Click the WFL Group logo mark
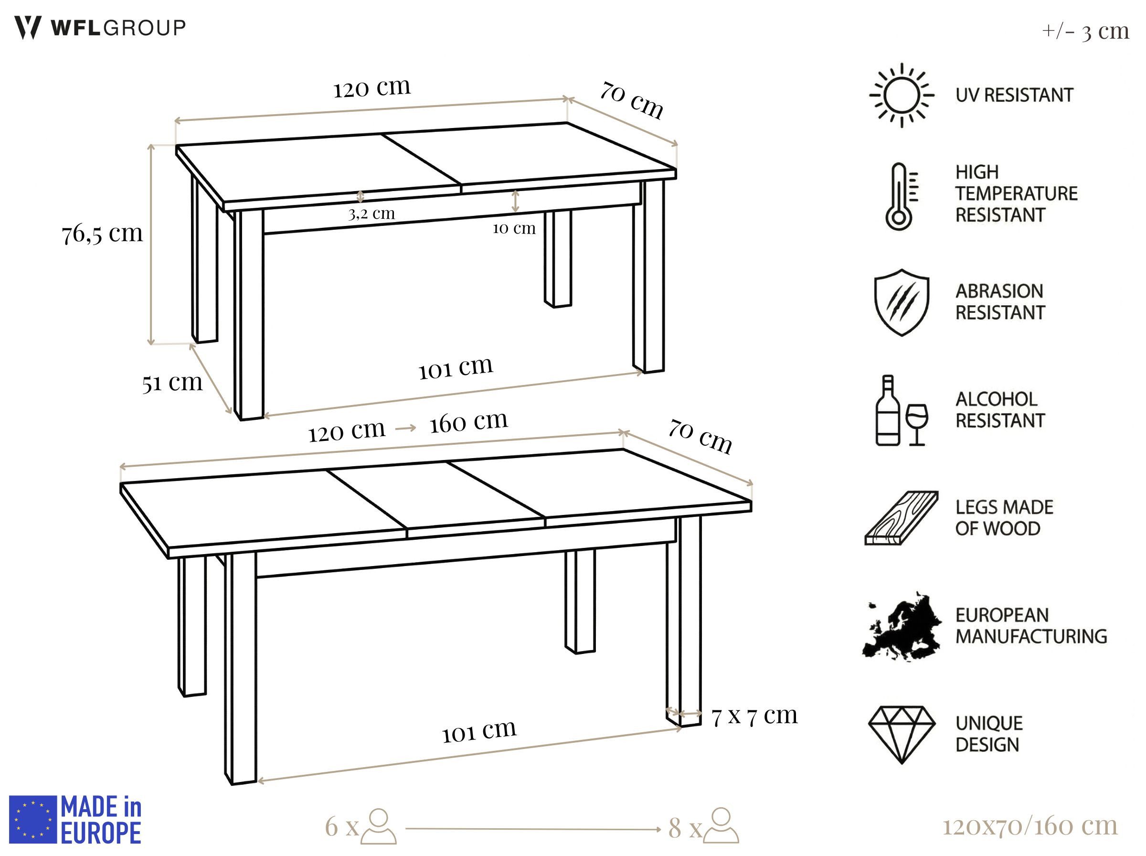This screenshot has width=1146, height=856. (27, 27)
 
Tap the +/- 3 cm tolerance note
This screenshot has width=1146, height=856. (1085, 31)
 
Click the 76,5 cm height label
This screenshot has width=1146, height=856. (102, 233)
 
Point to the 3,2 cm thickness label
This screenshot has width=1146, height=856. (371, 214)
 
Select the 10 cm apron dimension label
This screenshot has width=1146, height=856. (514, 228)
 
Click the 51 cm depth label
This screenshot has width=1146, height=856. (172, 383)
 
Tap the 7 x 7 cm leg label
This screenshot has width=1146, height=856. (754, 716)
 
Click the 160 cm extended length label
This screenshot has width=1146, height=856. (468, 421)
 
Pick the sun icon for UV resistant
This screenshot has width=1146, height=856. (901, 96)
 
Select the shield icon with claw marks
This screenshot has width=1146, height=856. (901, 302)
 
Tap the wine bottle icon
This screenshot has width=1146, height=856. (888, 410)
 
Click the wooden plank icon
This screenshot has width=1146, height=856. (901, 518)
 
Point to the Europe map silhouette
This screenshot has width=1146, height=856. (901, 627)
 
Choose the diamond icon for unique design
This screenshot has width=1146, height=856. (902, 734)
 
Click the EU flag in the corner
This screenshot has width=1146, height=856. (32, 819)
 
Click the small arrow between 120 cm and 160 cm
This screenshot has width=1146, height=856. (405, 428)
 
